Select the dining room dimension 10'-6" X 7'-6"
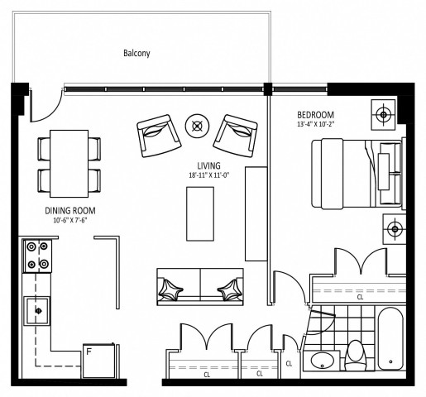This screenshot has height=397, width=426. [70, 221]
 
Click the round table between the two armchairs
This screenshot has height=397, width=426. [197, 126]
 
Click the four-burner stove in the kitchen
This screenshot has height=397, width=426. [36, 255]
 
